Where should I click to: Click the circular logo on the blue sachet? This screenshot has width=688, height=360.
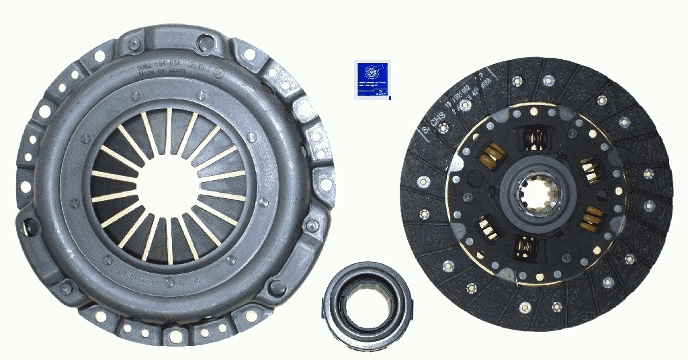pyautogui.click(x=370, y=72)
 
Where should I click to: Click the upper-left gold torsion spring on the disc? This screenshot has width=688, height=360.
pyautogui.click(x=492, y=157)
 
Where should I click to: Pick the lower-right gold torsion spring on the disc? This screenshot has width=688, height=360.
pyautogui.click(x=592, y=216)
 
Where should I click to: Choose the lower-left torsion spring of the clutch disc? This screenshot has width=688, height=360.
pyautogui.click(x=487, y=226)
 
